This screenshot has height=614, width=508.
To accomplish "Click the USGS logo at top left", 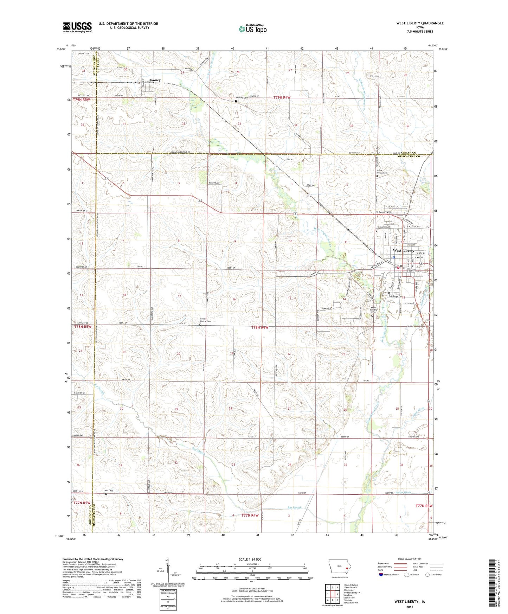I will pyautogui.click(x=77, y=27).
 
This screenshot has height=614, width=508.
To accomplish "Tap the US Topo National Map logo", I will pyautogui.click(x=252, y=28).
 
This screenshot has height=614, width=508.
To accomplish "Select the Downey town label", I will pyautogui.click(x=154, y=80).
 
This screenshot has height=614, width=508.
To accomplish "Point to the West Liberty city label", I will pyautogui.click(x=403, y=251).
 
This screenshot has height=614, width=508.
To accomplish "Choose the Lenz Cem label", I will pyautogui.click(x=108, y=491).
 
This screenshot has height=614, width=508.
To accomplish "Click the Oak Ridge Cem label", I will pyautogui.click(x=396, y=296).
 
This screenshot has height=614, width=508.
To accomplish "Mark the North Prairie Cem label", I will pyautogui.click(x=382, y=172).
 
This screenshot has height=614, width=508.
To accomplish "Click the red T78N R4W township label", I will pyautogui.click(x=260, y=328).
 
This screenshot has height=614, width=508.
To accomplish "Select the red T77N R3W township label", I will pyautogui.click(x=424, y=506).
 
